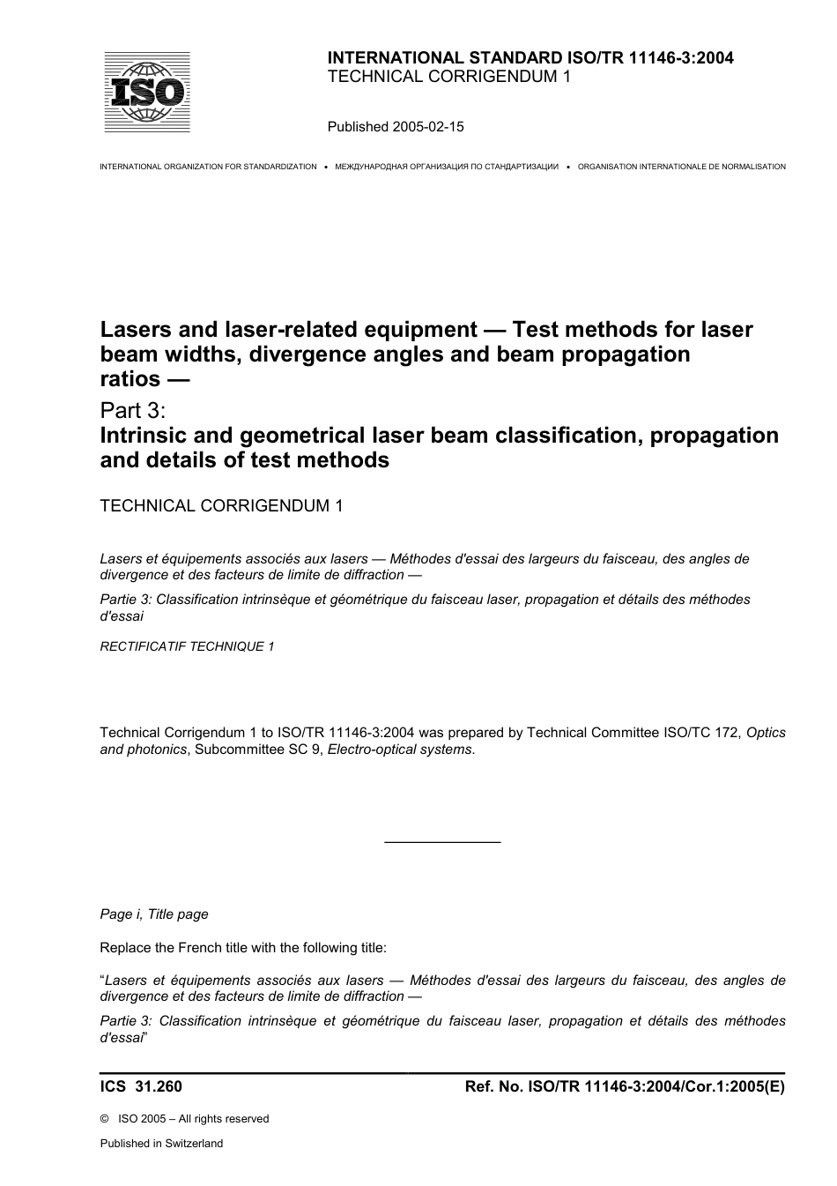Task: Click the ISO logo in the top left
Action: point(146,92)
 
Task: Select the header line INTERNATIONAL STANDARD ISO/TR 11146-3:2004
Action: point(530,58)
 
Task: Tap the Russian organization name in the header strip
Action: point(447,167)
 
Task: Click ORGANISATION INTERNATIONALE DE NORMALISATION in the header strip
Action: point(681,167)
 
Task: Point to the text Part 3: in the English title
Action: point(133,411)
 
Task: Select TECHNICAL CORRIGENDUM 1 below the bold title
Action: point(221,506)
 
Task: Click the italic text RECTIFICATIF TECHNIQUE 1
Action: point(187,646)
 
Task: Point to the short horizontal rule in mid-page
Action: point(442,843)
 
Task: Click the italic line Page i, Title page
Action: point(154,914)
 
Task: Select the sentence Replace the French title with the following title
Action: point(243,949)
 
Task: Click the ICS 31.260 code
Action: point(141,1087)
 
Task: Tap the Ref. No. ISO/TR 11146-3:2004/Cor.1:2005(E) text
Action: point(624,1087)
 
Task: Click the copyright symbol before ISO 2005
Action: point(105,1119)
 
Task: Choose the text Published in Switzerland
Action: point(161,1144)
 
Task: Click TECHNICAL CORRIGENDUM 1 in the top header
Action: point(448,77)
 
